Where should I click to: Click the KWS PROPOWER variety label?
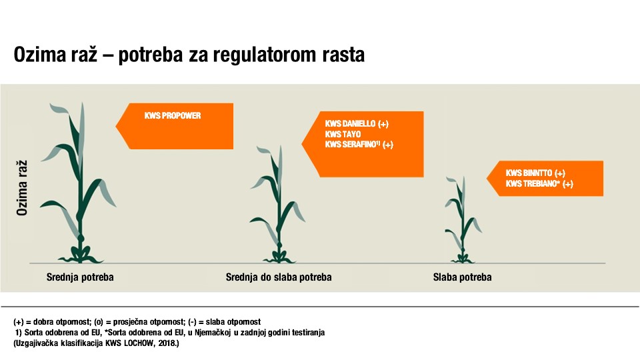pyautogui.click(x=173, y=115)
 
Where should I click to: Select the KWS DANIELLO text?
pyautogui.click(x=350, y=124)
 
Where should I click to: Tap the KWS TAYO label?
pyautogui.click(x=343, y=134)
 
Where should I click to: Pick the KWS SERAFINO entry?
pyautogui.click(x=353, y=144)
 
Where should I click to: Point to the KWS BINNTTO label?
pyautogui.click(x=529, y=173)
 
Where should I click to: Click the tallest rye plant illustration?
pyautogui.click(x=79, y=183)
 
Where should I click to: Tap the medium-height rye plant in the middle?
pyautogui.click(x=278, y=204)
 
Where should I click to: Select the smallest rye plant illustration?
pyautogui.click(x=463, y=219)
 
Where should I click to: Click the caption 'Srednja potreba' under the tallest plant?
pyautogui.click(x=80, y=277)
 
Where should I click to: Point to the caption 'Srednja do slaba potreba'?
pyautogui.click(x=279, y=277)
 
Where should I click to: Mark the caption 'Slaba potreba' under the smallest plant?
pyautogui.click(x=463, y=277)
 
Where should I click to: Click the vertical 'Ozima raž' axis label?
pyautogui.click(x=21, y=188)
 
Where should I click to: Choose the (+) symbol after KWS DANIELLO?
pyautogui.click(x=383, y=124)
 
